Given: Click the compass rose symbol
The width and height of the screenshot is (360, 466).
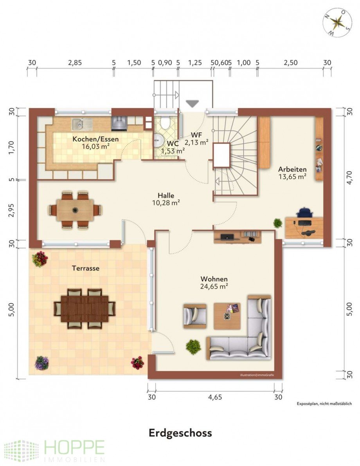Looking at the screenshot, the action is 337,23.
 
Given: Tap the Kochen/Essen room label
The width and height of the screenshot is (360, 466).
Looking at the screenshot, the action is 95,139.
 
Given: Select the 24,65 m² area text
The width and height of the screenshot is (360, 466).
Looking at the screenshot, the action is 214,287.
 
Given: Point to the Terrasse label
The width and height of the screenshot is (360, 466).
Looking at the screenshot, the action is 86,268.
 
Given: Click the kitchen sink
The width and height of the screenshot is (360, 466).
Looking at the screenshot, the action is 82,124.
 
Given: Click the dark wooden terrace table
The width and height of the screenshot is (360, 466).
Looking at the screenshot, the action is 85,309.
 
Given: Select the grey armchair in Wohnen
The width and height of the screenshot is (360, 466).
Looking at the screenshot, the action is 195,316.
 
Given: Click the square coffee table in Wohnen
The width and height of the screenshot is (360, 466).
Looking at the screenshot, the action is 227,316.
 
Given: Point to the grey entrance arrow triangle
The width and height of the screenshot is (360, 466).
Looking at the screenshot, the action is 192,104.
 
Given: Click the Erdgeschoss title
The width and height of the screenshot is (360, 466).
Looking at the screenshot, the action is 180,433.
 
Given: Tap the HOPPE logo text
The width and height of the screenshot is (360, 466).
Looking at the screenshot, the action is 74,447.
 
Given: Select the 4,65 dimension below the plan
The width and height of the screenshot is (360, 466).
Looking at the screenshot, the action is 215,397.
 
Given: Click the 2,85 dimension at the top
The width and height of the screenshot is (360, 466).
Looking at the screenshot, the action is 75,63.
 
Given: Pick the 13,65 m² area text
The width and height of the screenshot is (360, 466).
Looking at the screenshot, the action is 292,177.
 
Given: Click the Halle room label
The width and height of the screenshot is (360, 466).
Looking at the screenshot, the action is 166,195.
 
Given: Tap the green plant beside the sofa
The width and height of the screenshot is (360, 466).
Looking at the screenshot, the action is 193,347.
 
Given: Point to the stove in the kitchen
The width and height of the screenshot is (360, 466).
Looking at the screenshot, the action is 119,123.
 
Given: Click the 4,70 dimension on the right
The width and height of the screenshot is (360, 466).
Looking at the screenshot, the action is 349,177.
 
